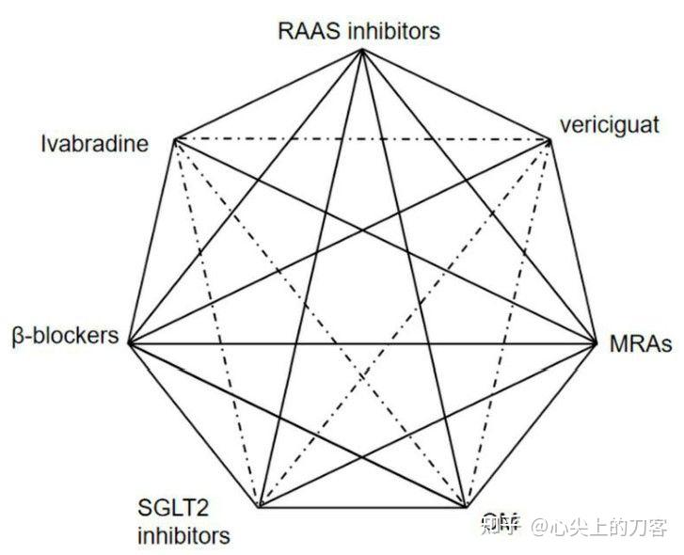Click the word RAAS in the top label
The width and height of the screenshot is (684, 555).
pos(306,31)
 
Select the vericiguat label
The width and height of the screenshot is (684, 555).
pos(610,125)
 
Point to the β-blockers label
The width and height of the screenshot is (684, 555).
pos(66,336)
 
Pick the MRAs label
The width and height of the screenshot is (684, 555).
pos(639,344)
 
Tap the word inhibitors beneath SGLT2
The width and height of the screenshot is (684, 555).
pos(183,538)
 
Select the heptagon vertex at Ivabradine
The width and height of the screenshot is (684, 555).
pos(176,141)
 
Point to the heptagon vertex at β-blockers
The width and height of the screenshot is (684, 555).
pos(128,343)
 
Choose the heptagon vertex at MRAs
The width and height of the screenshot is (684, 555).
pos(597,343)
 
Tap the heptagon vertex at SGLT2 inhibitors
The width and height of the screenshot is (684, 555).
pos(260,507)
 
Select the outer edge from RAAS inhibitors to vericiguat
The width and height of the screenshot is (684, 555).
pos(456,95)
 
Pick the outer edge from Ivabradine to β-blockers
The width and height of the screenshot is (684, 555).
pos(152,242)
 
